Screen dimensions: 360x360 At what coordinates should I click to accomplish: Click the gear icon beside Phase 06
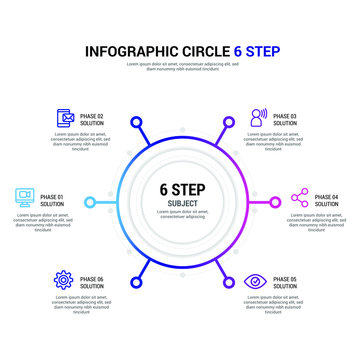[63, 281]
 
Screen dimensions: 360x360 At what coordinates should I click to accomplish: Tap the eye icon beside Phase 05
[257, 281]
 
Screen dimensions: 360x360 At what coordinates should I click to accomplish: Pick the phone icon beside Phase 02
[65, 118]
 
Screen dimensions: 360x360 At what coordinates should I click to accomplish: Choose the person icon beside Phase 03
[258, 118]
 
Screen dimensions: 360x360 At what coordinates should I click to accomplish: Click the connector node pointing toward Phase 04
[275, 201]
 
